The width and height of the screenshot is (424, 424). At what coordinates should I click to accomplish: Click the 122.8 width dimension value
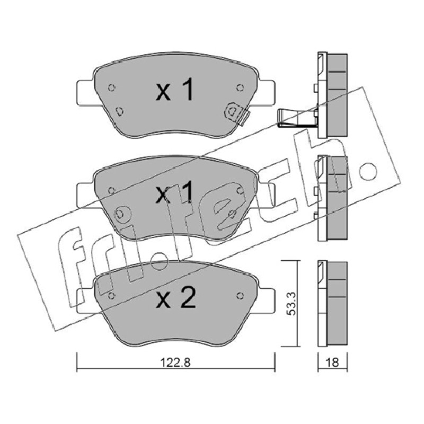(175, 362)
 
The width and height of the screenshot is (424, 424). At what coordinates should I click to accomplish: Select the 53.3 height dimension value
(291, 304)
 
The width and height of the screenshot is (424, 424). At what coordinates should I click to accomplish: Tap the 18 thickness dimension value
(332, 362)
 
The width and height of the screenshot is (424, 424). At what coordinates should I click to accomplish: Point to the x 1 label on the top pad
(175, 90)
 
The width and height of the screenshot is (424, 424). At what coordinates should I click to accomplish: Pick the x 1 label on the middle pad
(175, 192)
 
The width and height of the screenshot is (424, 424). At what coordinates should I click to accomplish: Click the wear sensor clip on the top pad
(236, 113)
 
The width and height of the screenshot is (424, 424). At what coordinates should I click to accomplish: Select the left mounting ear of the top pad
(86, 93)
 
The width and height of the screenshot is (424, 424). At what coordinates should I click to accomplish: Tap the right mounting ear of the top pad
(267, 92)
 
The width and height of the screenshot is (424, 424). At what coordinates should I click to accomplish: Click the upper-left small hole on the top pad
(111, 87)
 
